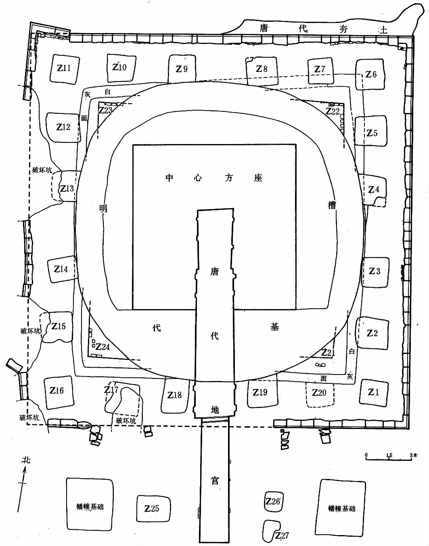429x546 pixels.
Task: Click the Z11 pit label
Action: (64, 68)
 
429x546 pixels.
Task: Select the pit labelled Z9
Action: (182, 69)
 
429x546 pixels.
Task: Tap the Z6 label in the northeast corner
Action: (371, 75)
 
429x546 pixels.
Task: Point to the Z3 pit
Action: (375, 271)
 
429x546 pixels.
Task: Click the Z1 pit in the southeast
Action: (373, 392)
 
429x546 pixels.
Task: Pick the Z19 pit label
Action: (260, 392)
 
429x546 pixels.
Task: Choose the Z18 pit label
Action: (174, 395)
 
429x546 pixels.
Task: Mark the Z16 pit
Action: (57, 391)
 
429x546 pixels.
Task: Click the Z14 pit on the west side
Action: (61, 269)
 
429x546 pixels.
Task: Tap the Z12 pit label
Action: (63, 127)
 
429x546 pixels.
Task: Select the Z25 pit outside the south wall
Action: (152, 509)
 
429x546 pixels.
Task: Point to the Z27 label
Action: (282, 536)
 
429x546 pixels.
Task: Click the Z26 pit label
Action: (273, 502)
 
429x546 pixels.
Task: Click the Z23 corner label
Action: (105, 110)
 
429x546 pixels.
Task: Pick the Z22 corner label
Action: (333, 111)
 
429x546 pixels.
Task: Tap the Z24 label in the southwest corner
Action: (103, 347)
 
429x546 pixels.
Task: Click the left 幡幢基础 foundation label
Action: (90, 506)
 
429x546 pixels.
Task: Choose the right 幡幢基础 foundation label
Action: (342, 508)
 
